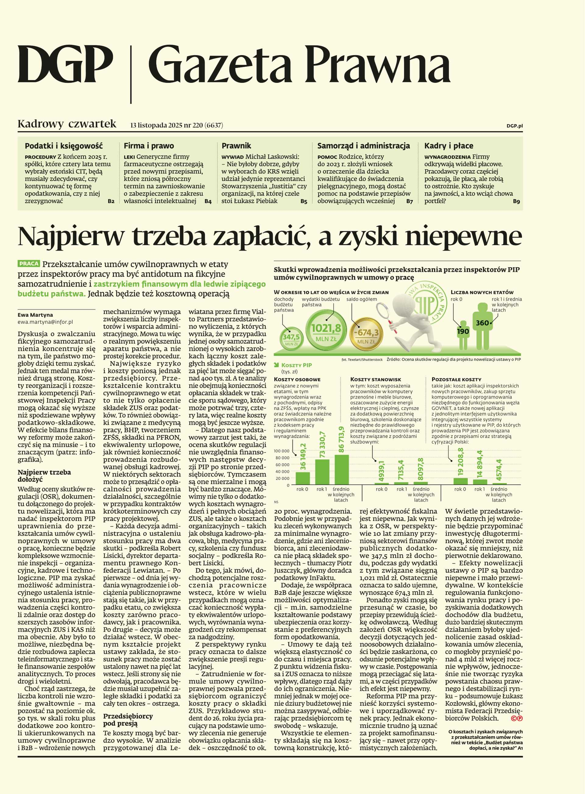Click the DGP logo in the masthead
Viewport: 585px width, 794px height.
(66, 65)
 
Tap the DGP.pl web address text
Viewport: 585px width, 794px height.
(514, 126)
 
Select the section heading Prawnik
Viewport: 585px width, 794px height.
(236, 146)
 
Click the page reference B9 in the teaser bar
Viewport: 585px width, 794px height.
(516, 201)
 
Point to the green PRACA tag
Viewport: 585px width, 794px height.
(29, 264)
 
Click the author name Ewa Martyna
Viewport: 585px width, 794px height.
(35, 315)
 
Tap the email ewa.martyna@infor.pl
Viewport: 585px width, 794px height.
(45, 322)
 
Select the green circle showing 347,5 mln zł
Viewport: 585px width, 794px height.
(291, 339)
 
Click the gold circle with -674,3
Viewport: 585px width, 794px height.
(366, 334)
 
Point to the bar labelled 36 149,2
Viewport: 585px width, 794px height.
(303, 478)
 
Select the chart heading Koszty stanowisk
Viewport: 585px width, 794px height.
(375, 379)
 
